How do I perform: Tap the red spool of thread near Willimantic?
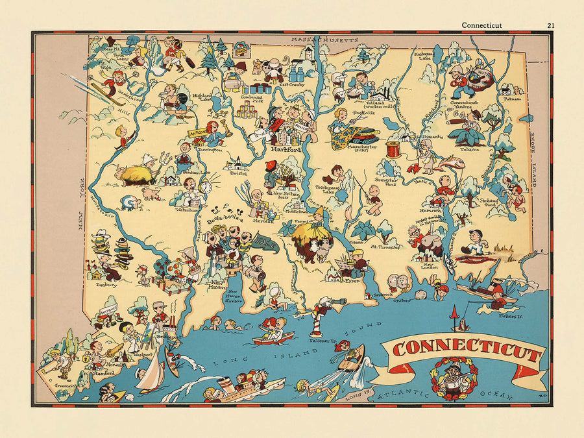coord(393,149)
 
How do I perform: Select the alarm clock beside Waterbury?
coord(206,187)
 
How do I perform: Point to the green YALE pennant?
coord(265,243)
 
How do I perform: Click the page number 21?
coord(550,25)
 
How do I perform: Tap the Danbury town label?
coord(107,284)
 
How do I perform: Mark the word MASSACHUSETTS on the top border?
coord(324,40)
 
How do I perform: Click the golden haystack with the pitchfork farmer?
coord(137,173)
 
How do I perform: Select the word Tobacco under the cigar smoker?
coord(470,149)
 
